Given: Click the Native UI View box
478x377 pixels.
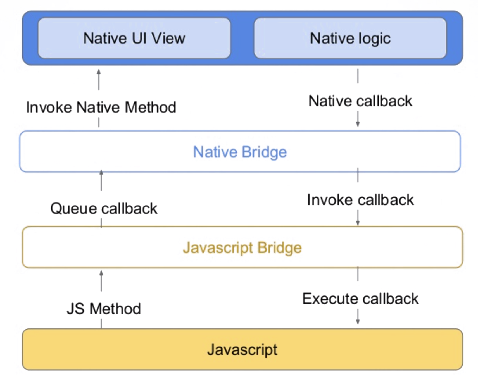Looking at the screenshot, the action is pos(134,38).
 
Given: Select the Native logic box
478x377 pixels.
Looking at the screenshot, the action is pos(350,38).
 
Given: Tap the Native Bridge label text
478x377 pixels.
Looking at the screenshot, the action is pos(240,152).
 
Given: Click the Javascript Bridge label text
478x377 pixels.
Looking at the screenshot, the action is pos(242,248).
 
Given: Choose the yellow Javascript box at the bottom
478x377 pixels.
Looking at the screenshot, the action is pos(242,349).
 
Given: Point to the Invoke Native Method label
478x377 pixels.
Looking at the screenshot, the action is pos(101,107).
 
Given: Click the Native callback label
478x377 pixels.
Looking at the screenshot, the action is pos(360,101).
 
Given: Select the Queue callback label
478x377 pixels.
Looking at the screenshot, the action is pos(104,209).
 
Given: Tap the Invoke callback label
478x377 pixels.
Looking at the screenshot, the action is pos(360,200).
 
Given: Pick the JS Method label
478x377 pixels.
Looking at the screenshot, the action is pos(104,309).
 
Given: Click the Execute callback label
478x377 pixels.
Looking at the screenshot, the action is pos(360,299).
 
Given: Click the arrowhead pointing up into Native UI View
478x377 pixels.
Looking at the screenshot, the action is pos(99,72).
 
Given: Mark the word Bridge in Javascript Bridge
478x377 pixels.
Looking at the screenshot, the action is pos(279,248).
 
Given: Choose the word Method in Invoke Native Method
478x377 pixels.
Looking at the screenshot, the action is pos(150,107).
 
